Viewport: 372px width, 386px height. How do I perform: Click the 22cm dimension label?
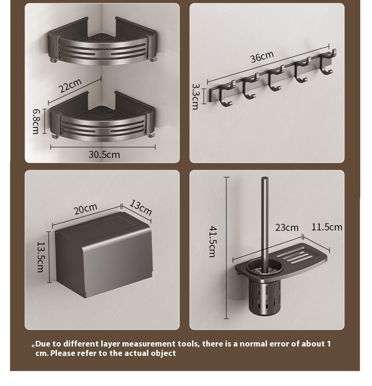(x=70, y=86)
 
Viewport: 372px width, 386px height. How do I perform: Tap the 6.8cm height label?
(x=36, y=122)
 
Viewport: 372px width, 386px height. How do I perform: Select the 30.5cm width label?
(x=104, y=155)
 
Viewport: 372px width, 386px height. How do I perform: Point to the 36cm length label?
(x=262, y=57)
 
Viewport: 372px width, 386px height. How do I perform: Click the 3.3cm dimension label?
(x=195, y=96)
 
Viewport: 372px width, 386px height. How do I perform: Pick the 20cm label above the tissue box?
(x=86, y=209)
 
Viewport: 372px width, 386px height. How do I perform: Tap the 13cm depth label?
(x=140, y=207)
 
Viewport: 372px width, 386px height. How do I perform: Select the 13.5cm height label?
(x=40, y=257)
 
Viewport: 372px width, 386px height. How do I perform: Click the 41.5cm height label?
(x=212, y=242)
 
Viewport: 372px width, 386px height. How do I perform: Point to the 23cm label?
(x=287, y=228)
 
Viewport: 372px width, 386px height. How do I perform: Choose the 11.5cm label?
(x=327, y=227)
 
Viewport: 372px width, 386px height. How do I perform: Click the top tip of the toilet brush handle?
(x=265, y=178)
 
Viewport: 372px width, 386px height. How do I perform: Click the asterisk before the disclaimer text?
(x=33, y=346)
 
